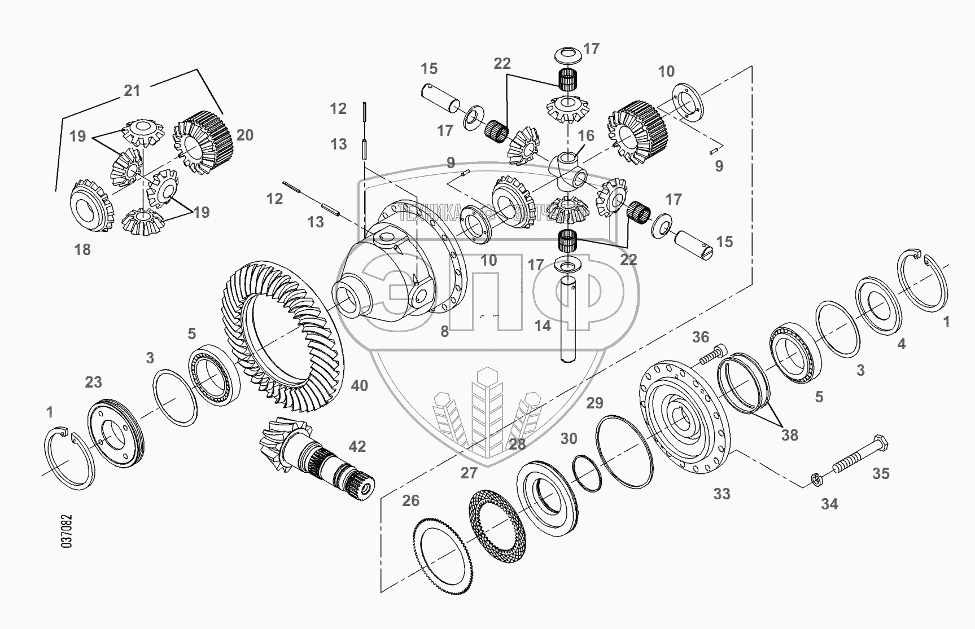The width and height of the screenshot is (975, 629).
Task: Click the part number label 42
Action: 357,447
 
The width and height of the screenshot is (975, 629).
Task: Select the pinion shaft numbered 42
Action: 316,457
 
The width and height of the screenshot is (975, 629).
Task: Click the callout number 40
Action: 359,386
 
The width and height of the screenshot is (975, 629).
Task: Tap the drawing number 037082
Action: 67,531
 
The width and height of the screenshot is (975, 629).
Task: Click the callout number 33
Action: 722,494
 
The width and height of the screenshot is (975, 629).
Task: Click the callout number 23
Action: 93,382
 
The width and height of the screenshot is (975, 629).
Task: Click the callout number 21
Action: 132,91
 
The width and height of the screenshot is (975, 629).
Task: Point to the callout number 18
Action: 82,249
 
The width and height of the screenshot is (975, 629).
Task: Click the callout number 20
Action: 245,135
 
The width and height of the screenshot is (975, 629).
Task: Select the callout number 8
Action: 445,332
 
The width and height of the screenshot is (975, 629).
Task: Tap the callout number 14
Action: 543,326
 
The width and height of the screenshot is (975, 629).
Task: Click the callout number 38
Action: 789,435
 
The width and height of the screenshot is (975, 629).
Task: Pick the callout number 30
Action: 569,439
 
